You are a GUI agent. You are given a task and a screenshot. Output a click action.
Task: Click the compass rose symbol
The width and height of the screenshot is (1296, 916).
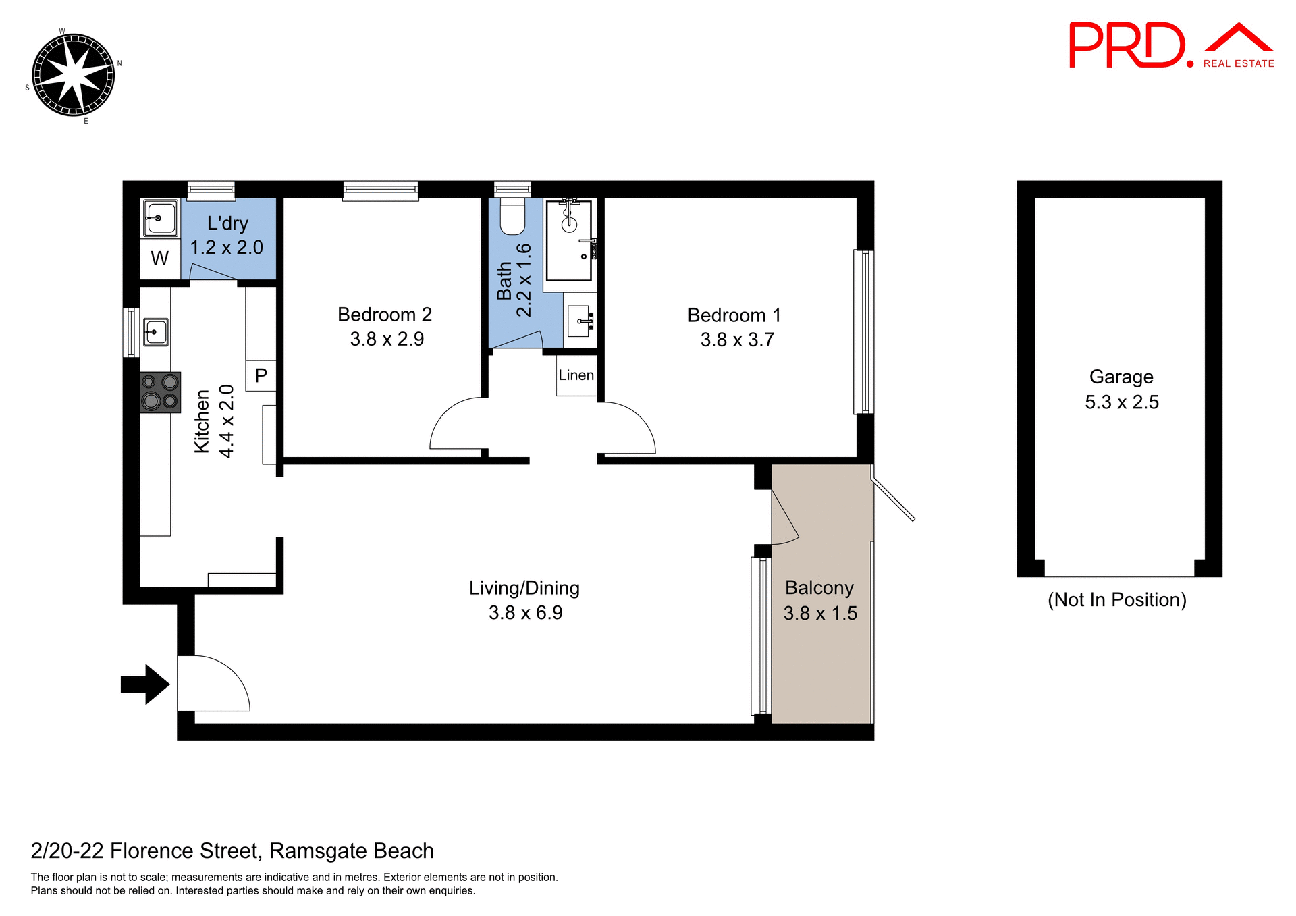click(73, 75)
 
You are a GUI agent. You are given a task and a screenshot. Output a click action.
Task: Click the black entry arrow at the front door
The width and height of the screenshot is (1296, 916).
click(144, 684)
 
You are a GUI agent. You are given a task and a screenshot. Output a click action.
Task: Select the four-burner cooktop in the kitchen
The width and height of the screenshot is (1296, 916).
click(160, 392)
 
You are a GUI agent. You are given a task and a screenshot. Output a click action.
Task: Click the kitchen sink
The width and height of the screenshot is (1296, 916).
click(155, 332)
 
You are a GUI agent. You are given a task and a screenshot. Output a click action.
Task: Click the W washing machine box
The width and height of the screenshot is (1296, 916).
click(160, 259)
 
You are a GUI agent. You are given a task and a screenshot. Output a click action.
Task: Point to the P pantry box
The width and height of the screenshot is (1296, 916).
click(261, 375)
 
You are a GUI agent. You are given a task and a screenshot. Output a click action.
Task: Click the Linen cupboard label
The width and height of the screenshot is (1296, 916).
click(576, 375)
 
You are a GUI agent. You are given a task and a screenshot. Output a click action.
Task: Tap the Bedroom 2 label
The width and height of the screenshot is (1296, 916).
click(384, 315)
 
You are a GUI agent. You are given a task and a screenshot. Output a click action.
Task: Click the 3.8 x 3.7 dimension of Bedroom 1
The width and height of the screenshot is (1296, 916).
click(737, 340)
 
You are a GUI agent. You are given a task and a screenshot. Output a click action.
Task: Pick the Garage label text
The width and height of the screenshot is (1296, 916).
click(1121, 377)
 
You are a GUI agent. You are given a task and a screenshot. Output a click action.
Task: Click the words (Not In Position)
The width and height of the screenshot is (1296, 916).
click(1116, 599)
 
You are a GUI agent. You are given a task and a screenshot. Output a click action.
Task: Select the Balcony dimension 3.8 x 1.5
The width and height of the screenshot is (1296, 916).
click(820, 613)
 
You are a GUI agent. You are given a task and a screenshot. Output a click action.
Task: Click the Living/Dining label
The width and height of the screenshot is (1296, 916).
click(524, 588)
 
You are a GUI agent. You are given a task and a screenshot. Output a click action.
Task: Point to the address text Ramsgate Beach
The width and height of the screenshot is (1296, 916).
click(351, 851)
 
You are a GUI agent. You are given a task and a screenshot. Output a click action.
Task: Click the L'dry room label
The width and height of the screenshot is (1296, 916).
click(227, 223)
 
